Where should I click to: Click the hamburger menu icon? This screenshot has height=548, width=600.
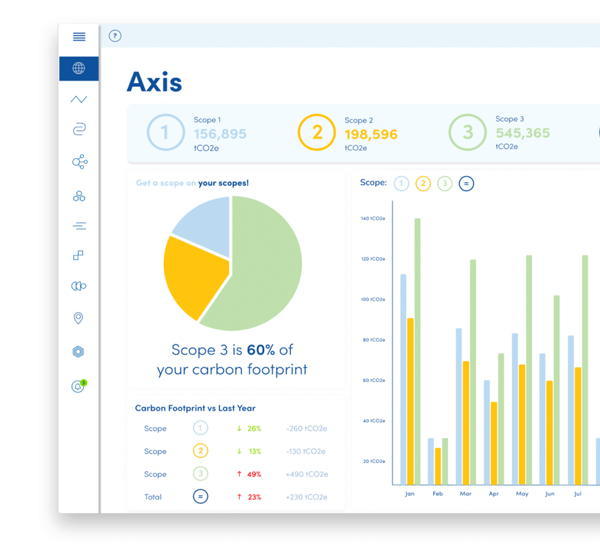pos(79,37)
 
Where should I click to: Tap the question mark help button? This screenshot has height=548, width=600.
pos(115,36)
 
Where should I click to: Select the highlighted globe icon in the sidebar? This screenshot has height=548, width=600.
pos(79,68)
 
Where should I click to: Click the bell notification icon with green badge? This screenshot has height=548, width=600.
pos(78,387)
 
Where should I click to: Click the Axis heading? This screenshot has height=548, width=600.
pos(154,82)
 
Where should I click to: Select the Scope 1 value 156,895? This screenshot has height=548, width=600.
pos(220,133)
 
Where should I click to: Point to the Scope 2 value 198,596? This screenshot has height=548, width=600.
pos(371,134)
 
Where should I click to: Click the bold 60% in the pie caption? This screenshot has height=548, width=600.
pos(260,350)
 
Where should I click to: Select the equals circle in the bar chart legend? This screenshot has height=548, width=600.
pos(466,184)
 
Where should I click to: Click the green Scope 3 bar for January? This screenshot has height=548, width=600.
pos(418,350)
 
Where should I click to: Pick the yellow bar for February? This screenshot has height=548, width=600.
pos(438,466)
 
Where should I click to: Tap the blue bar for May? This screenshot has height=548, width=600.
pos(515,409)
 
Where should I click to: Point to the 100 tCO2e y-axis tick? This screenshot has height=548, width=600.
pos(373,299)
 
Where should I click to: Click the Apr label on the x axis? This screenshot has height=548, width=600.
pos(493,494)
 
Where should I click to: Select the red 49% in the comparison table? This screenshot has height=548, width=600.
pos(254,474)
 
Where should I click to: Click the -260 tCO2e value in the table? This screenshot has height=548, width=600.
pos(306,429)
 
